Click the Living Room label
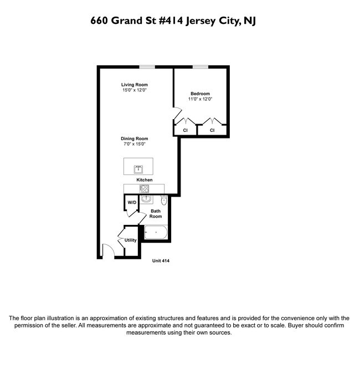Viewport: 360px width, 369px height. (135, 85)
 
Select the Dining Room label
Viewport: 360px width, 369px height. (135, 139)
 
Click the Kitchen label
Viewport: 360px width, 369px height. (145, 180)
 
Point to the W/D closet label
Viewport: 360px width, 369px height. (132, 203)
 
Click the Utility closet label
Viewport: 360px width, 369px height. (130, 240)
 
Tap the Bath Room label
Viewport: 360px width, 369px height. (156, 213)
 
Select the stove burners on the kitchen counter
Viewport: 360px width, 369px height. (145, 188)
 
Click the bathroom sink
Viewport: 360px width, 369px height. (146, 198)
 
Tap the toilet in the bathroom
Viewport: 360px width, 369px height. (164, 198)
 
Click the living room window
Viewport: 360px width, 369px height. (147, 68)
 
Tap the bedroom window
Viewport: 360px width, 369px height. (200, 68)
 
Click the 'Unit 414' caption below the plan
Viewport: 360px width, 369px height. (161, 261)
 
